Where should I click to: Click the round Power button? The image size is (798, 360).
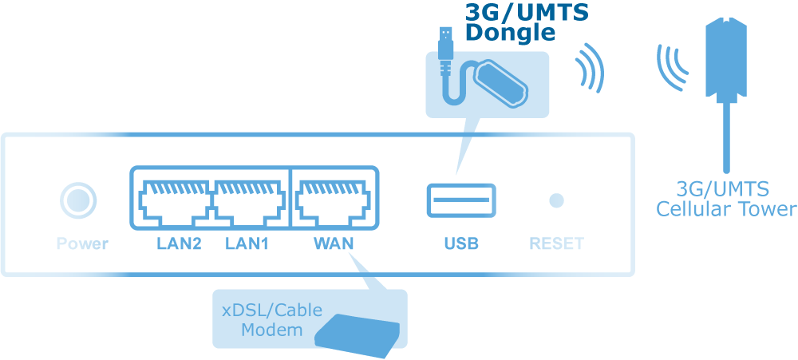click(78, 200)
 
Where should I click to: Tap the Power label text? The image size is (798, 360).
click(82, 243)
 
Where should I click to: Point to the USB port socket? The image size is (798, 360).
click(461, 200)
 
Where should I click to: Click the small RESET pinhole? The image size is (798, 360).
click(557, 200)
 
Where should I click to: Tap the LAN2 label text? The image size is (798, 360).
click(179, 243)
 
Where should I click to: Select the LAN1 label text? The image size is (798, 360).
click(247, 243)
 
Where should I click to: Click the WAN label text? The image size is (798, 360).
click(333, 243)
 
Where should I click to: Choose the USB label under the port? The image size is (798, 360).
click(461, 243)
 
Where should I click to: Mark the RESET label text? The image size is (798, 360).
click(557, 243)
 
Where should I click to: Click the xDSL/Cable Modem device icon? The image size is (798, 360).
click(357, 333)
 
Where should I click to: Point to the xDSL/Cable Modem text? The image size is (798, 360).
click(272, 319)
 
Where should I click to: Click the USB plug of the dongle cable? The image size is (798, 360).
click(445, 44)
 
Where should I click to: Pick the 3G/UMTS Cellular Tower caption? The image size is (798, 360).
click(725, 200)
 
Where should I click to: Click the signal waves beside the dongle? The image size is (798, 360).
click(590, 70)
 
